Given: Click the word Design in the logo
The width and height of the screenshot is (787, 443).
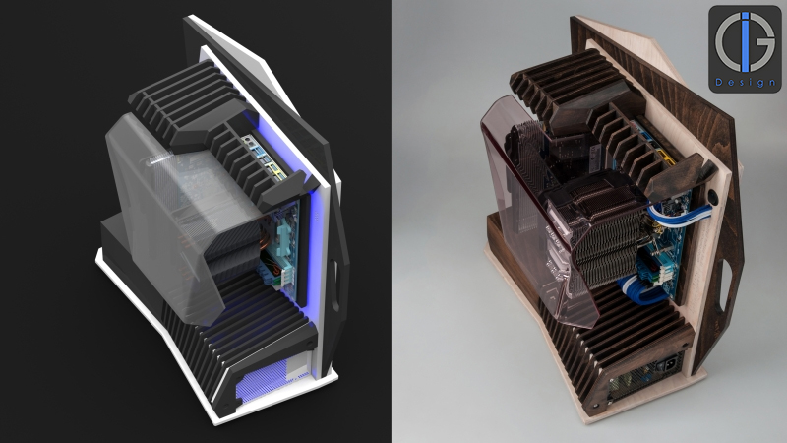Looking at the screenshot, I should tap(745, 82).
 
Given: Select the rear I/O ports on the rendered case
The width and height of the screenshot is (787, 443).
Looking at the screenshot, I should tap(258, 158).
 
